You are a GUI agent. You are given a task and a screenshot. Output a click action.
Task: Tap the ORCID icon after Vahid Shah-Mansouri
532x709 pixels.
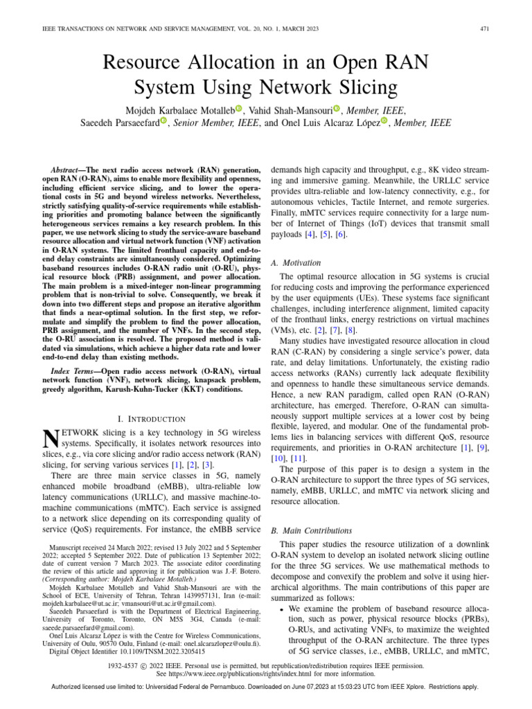[337, 109]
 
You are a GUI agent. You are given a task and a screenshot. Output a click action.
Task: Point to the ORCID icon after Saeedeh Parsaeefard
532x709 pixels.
[163, 123]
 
